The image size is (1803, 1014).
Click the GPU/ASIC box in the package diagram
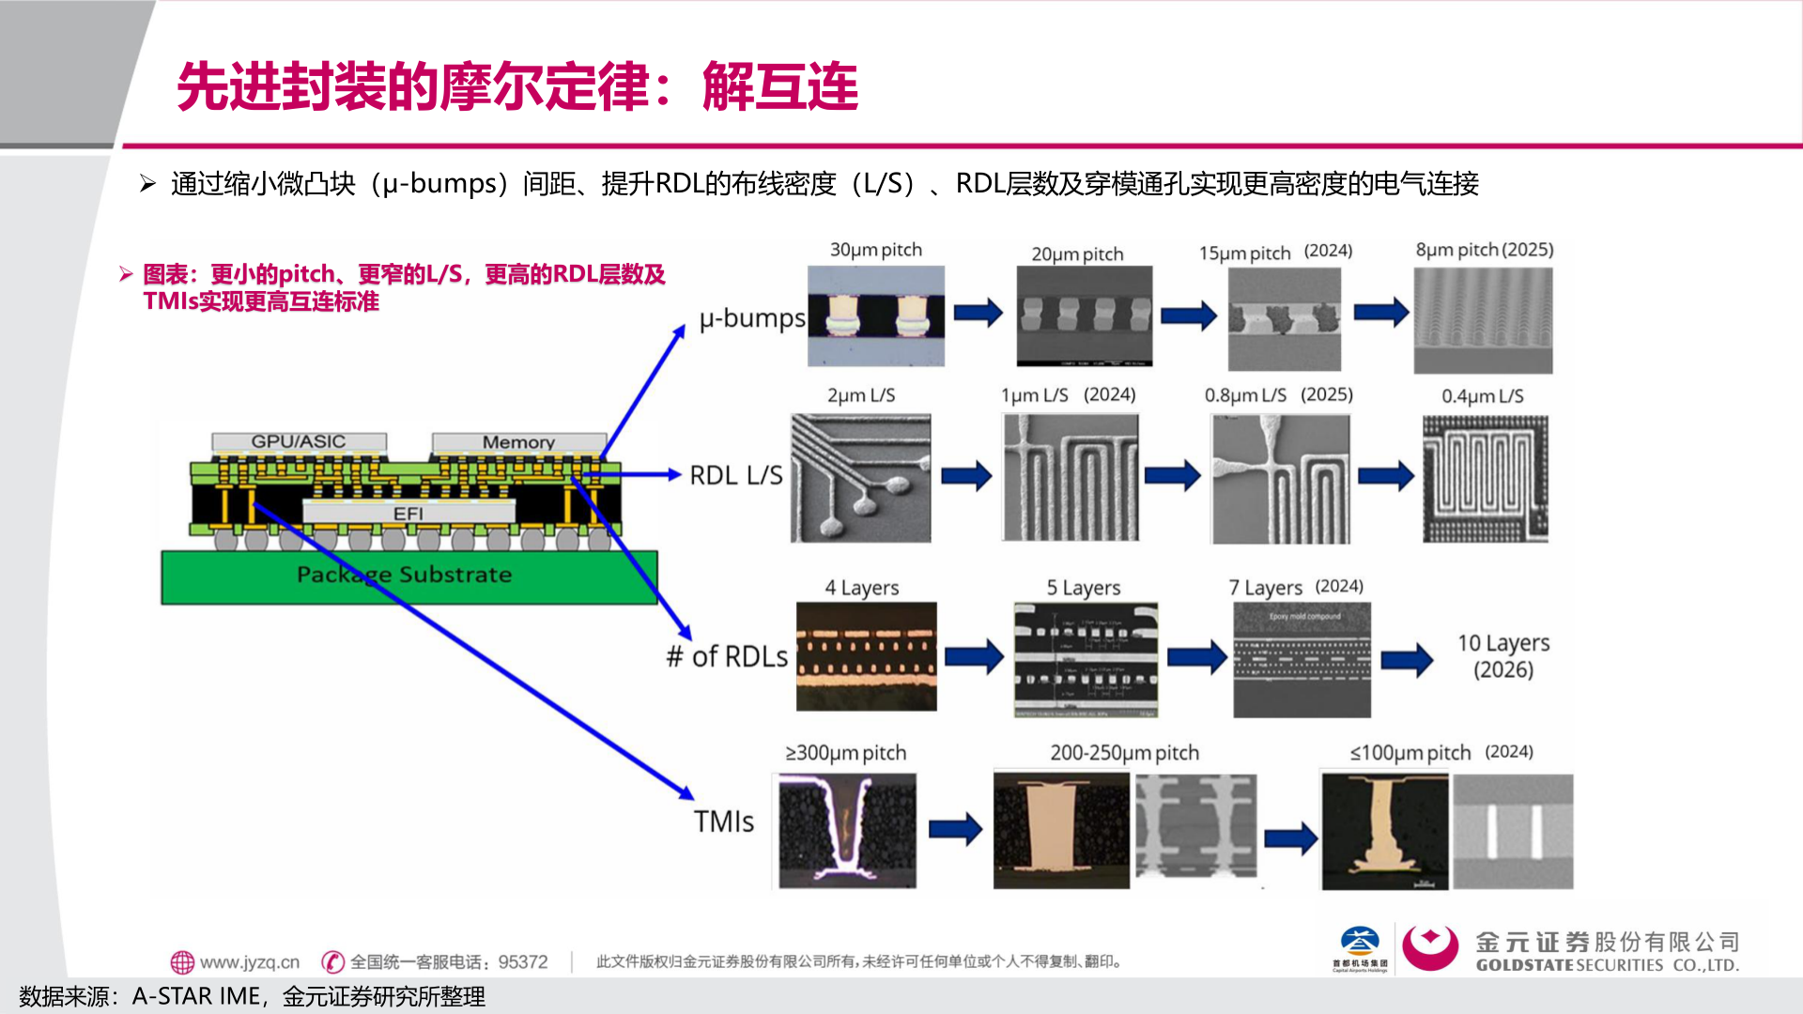point(299,441)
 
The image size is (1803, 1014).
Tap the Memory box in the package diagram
point(518,442)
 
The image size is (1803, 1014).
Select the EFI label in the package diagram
point(408,514)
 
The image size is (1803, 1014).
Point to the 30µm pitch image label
point(875,250)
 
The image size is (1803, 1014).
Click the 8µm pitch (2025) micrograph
point(1483,320)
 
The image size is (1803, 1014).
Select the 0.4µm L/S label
point(1482,396)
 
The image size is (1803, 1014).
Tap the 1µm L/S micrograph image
point(1071,477)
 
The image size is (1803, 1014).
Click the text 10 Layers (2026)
point(1502,655)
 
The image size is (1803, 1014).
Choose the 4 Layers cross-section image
point(866,655)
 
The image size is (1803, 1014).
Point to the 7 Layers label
point(1265,588)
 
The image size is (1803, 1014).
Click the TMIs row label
point(723,822)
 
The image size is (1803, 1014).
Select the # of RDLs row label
point(727,656)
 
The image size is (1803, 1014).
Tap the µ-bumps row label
point(751,318)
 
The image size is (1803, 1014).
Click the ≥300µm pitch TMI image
point(843,830)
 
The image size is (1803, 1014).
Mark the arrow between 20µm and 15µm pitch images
point(1188,315)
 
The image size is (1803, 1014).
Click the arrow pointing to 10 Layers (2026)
point(1407,660)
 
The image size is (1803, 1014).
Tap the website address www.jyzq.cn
point(249,962)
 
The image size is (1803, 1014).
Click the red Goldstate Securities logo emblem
point(1429,947)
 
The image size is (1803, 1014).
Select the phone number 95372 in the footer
point(523,962)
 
